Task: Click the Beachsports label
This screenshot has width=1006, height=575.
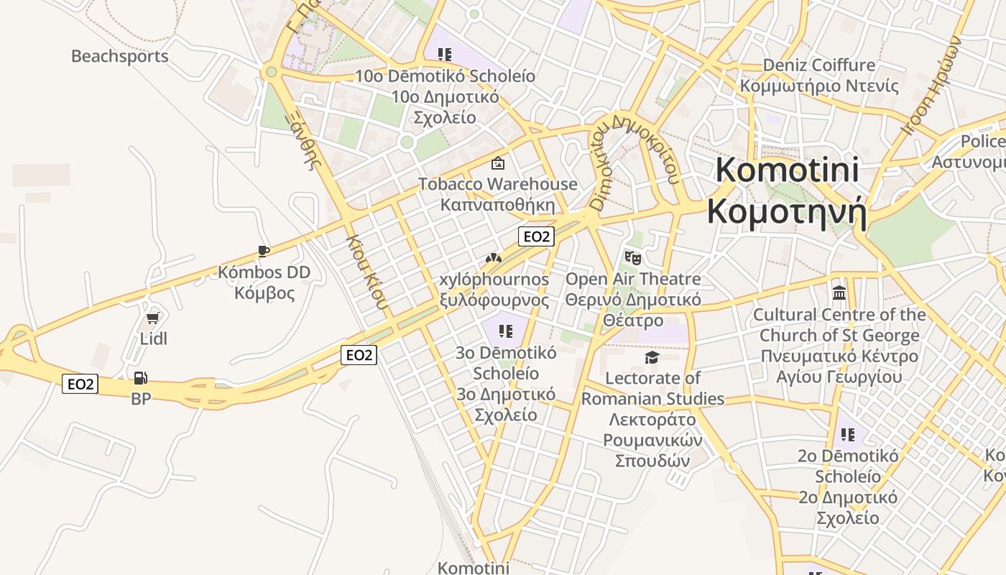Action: (x=119, y=56)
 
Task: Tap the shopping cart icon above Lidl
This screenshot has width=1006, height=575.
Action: (x=152, y=318)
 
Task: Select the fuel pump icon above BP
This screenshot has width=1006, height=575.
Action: (x=141, y=378)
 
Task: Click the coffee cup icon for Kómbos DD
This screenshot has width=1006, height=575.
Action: (x=264, y=251)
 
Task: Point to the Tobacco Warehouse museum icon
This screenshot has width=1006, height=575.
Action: (x=497, y=164)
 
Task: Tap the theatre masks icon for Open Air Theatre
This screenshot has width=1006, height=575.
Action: (x=632, y=257)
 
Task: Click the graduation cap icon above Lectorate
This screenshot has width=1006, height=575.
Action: (x=652, y=357)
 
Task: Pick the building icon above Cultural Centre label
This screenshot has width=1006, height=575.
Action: (x=839, y=293)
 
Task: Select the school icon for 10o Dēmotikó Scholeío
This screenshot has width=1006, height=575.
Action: (x=445, y=55)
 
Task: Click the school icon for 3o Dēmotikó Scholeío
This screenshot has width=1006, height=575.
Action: (x=506, y=331)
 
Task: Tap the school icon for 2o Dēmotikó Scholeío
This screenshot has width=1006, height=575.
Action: (x=848, y=435)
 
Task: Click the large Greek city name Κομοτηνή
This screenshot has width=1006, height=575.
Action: (x=787, y=212)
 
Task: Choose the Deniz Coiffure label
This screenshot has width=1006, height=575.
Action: (x=819, y=65)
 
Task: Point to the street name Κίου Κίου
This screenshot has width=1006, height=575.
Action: (x=368, y=272)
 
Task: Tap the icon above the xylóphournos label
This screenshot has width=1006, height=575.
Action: (x=493, y=258)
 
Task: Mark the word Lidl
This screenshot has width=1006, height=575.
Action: (x=153, y=338)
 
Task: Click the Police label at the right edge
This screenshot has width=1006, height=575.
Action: (x=982, y=141)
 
